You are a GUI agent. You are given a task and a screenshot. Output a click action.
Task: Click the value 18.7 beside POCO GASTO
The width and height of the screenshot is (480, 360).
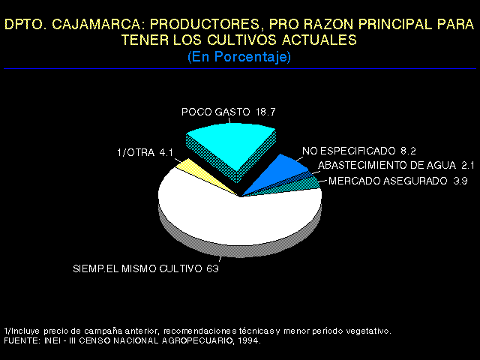[x=265, y=112]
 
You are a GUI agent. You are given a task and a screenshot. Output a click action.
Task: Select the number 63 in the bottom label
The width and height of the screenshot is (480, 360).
[x=212, y=268]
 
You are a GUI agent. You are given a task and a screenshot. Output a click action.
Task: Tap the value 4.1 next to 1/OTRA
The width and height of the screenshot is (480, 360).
[x=166, y=152]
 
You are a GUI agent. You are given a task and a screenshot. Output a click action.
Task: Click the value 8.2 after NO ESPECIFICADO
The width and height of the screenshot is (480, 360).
[x=408, y=151]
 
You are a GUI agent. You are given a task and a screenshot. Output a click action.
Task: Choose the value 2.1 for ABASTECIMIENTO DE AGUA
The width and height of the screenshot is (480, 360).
[x=468, y=165]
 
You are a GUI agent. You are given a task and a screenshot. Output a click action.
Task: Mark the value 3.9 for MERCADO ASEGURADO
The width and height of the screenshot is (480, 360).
[x=460, y=181]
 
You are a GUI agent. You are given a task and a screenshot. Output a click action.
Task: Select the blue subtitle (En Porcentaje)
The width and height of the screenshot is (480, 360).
[x=239, y=57]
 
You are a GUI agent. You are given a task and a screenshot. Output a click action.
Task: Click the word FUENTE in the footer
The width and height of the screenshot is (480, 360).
[x=22, y=340]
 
